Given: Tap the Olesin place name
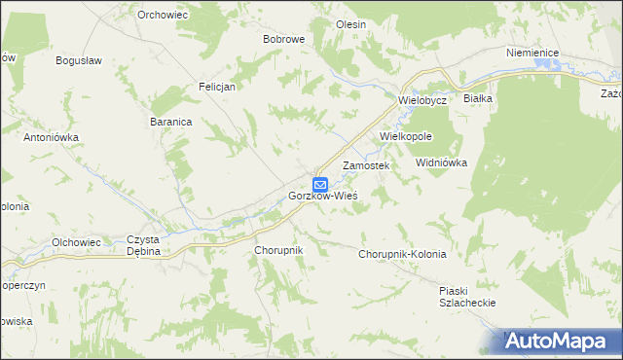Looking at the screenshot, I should click(x=350, y=23).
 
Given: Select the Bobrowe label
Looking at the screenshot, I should click(x=284, y=39).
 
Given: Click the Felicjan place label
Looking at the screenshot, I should click(x=218, y=86).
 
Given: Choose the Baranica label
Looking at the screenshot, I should click(x=170, y=122).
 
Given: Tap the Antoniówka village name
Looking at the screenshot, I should click(x=51, y=137).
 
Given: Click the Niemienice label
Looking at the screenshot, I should click(x=531, y=54).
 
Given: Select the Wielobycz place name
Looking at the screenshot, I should click(x=421, y=100).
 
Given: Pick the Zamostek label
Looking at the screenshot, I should click(x=366, y=166).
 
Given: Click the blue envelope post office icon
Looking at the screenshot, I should click(x=320, y=183).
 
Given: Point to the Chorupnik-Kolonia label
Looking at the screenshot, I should click(x=402, y=254).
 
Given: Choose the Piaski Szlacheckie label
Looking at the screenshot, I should click(x=468, y=296).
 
